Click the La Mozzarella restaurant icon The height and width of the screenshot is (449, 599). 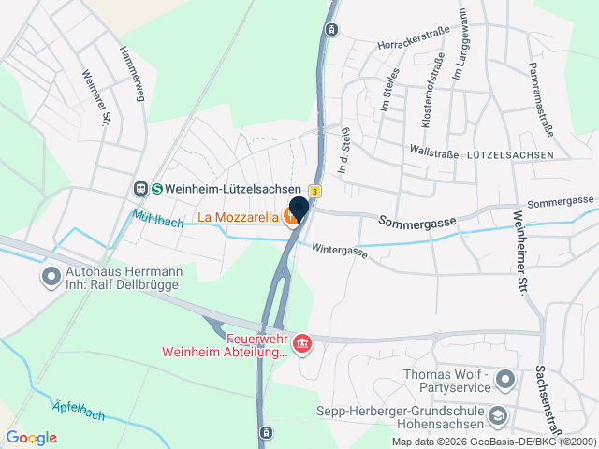click(x=293, y=218)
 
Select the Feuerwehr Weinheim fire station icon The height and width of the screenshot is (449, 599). click(x=302, y=344)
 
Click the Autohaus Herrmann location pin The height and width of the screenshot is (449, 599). click(x=50, y=277)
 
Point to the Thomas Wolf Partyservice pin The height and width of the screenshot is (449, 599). click(x=505, y=380)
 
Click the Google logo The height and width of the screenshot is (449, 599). click(x=31, y=438)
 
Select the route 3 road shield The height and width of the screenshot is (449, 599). click(x=315, y=191)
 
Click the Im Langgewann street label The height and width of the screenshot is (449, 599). click(x=460, y=64)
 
